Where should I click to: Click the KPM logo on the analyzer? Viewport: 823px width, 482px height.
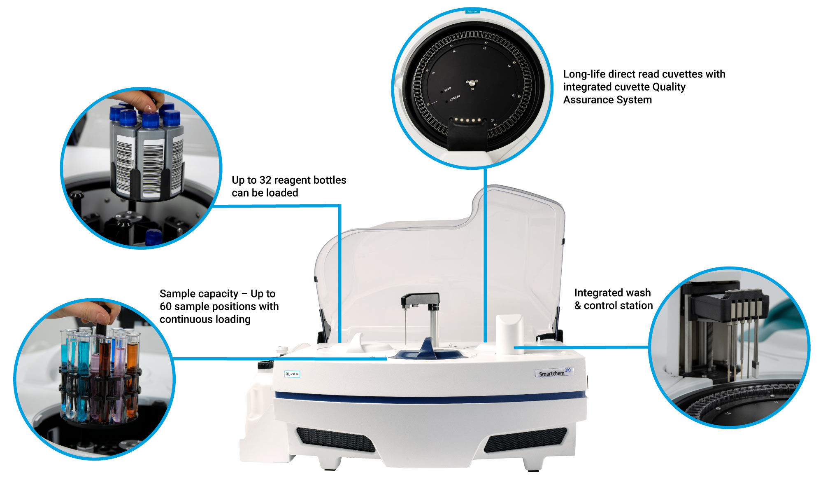[x=292, y=374]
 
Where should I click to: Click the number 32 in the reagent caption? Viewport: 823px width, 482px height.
[x=265, y=180]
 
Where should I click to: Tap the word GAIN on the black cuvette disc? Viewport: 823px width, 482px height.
[x=447, y=89]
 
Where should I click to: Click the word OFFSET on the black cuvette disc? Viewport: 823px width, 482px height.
[x=454, y=98]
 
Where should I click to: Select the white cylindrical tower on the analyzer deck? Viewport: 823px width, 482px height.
[x=509, y=334]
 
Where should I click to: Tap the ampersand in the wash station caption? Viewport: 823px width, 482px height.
[x=578, y=306]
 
